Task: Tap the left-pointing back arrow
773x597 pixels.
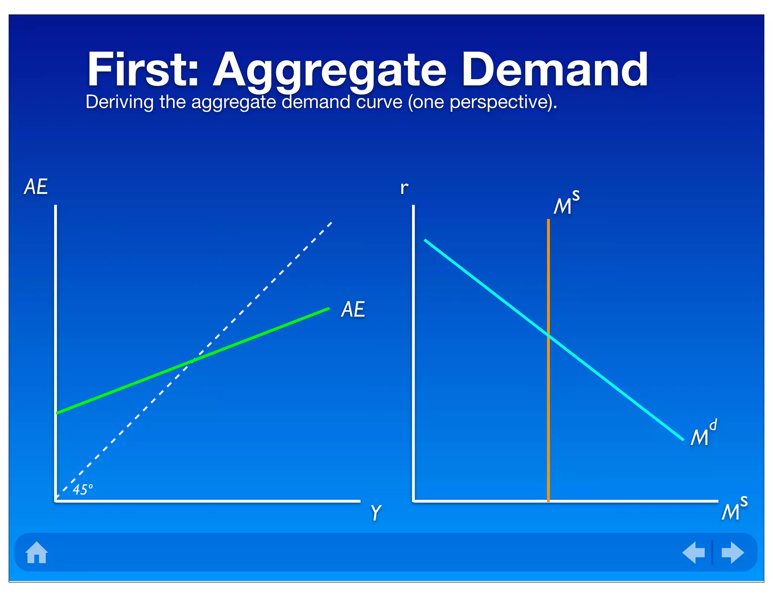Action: (x=694, y=552)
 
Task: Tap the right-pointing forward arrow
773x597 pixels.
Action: (x=732, y=552)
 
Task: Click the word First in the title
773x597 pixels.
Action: (x=143, y=70)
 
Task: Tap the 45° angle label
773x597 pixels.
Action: (x=82, y=489)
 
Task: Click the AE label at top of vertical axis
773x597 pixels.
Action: (x=36, y=187)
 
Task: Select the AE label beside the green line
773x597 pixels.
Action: (x=353, y=309)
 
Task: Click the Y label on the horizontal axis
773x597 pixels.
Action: (x=376, y=512)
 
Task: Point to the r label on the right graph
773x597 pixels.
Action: (x=404, y=188)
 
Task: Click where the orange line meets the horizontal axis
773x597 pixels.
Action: (x=548, y=501)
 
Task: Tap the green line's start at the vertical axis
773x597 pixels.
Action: (x=57, y=413)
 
